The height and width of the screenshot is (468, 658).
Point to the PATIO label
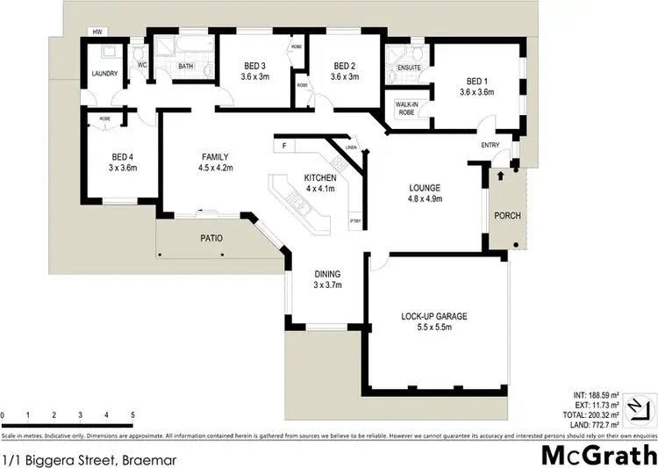click(211, 237)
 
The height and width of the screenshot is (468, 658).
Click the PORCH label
click(506, 215)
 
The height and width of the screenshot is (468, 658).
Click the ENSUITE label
click(409, 67)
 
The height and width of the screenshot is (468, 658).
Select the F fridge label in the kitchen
click(285, 145)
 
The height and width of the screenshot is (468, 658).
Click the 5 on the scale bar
click(132, 414)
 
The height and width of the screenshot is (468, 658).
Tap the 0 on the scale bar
click(3, 414)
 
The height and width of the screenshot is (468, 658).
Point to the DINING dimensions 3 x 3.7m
click(327, 285)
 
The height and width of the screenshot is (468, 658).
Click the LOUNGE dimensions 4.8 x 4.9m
click(424, 199)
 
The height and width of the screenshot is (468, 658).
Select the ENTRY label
click(490, 146)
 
